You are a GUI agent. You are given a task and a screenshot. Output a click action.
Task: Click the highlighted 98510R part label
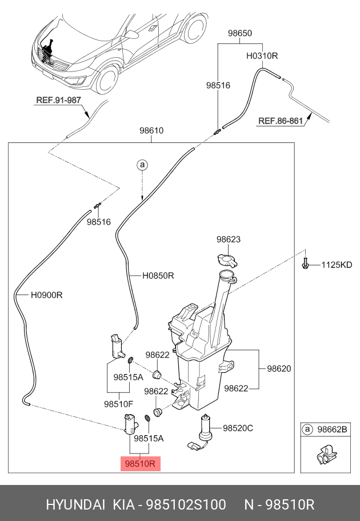coord(140,463)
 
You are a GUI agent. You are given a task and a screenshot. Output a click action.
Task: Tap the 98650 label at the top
coord(240,33)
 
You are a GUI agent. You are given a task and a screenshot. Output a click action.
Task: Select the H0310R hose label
coord(262,56)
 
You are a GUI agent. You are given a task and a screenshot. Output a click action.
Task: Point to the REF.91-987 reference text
coord(58,100)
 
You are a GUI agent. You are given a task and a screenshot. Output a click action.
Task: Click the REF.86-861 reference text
coord(281,121)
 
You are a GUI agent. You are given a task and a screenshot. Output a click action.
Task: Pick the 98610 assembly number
coord(151,130)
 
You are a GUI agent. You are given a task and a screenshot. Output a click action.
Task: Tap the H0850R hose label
coord(158,276)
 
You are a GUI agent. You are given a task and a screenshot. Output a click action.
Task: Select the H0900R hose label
coord(46,295)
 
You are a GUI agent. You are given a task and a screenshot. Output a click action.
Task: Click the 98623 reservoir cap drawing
coord(227,260)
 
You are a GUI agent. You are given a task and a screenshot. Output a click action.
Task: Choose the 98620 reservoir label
coord(279,368)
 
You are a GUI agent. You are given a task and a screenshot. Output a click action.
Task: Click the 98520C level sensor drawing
coord(202,432)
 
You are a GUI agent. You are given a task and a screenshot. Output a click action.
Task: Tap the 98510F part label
coord(118,404)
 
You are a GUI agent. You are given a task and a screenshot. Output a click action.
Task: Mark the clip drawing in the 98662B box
coord(325,455)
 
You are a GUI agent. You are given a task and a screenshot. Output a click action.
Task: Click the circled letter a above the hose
coord(142,165)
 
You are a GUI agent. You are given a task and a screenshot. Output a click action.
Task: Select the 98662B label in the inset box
coord(332,429)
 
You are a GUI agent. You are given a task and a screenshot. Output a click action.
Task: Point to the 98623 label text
coord(229,239)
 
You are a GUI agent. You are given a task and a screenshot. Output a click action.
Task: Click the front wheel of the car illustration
coord(107,79)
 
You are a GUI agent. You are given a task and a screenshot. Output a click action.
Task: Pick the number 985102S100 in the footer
coord(186,505)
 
